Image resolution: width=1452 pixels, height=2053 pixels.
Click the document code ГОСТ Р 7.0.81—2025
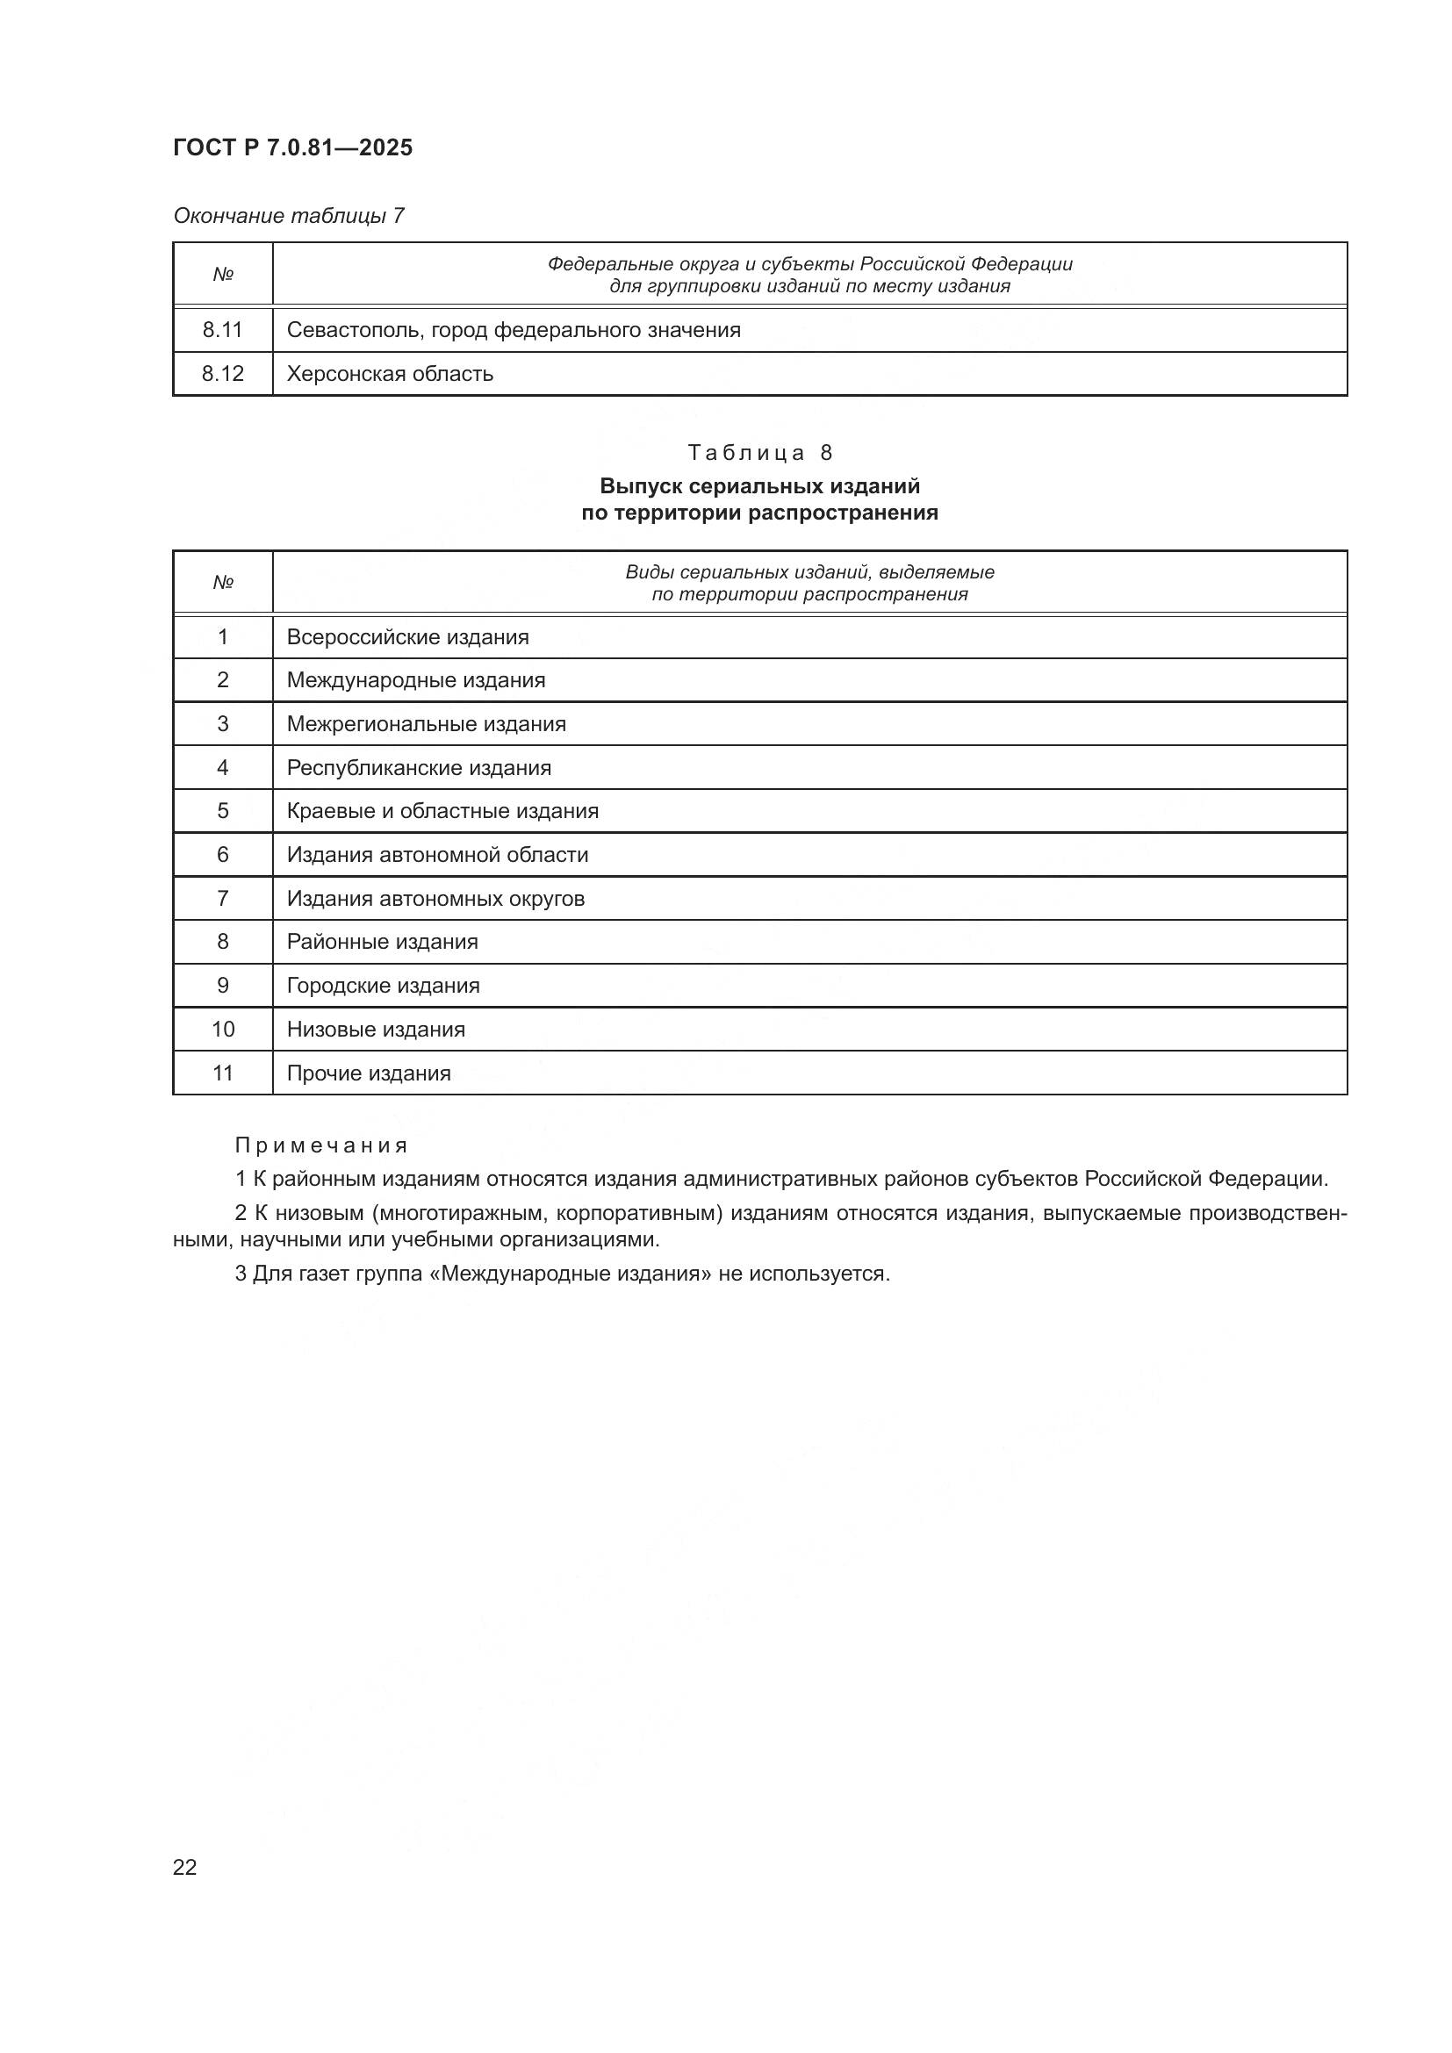pos(292,147)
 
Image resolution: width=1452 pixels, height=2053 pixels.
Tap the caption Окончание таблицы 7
pos(288,216)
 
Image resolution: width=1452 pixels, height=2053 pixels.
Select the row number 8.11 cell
pos(222,330)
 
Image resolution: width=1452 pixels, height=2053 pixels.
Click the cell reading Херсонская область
pos(390,374)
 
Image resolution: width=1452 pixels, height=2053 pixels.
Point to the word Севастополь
pos(354,330)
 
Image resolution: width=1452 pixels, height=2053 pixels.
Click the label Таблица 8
pos(759,452)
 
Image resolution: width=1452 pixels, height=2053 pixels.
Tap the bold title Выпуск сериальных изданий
pos(759,486)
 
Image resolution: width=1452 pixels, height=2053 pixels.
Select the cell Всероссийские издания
pos(407,637)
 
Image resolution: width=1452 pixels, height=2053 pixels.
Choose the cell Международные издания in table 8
pos(416,680)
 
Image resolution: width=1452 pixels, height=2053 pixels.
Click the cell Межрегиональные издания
pos(427,724)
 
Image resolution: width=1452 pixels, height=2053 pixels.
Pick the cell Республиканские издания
pos(419,768)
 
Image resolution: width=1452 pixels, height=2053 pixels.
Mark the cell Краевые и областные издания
pos(442,811)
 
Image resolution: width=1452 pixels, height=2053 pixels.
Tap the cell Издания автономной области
pos(437,855)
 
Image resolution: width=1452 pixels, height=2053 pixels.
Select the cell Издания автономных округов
pos(435,899)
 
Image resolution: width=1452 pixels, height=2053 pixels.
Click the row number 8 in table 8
pos(223,942)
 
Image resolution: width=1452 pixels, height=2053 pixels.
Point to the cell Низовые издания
pos(376,1030)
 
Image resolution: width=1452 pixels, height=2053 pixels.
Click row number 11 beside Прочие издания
pos(223,1073)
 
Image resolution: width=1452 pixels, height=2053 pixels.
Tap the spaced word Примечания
pos(322,1145)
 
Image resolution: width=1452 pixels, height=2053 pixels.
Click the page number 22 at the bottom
pos(185,1867)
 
